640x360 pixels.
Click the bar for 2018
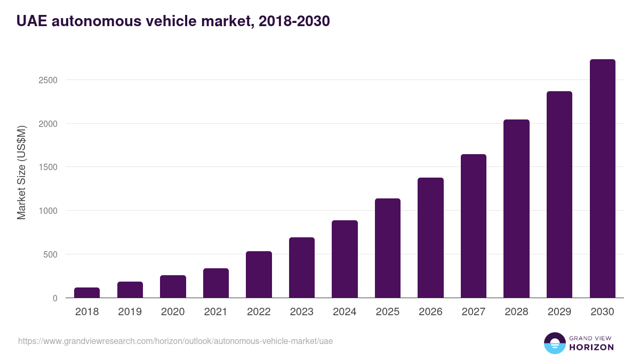(x=87, y=293)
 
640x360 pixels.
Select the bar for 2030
(x=602, y=179)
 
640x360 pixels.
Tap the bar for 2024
(x=345, y=259)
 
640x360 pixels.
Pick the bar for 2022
(x=259, y=275)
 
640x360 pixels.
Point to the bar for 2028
(x=516, y=209)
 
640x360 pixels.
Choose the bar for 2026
(x=430, y=238)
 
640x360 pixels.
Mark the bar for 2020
(x=173, y=286)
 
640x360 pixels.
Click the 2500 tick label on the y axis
(x=47, y=80)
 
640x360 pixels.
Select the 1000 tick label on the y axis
(x=47, y=211)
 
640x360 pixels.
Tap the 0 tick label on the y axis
(x=54, y=298)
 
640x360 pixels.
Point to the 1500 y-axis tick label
(x=47, y=167)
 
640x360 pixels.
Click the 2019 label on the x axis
(x=130, y=312)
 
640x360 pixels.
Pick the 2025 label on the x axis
(x=387, y=312)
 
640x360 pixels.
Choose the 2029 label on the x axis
(x=559, y=312)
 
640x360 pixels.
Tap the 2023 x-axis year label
(x=301, y=312)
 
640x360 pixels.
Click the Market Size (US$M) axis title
(x=21, y=172)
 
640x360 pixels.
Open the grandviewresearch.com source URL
(x=175, y=341)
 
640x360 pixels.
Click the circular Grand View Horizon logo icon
(x=554, y=343)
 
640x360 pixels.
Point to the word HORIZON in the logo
(x=591, y=347)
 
